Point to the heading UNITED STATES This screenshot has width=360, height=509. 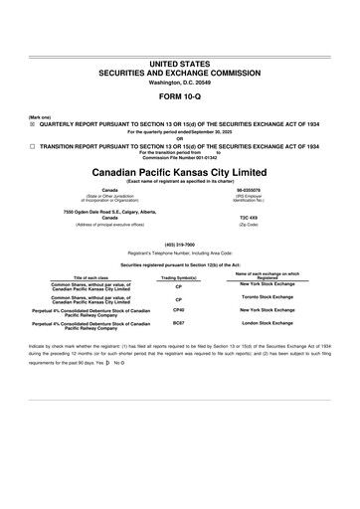click(x=180, y=63)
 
